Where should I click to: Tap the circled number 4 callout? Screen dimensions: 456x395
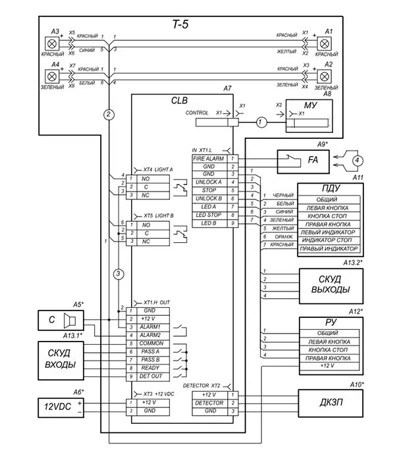356,159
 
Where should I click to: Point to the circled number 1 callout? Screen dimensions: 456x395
261,122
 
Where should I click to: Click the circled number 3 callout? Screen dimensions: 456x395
118,273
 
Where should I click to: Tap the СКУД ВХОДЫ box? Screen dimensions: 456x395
59,358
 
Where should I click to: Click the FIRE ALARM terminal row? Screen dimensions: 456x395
208,159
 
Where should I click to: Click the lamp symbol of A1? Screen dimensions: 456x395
324,43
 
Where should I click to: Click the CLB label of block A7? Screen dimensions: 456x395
179,101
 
